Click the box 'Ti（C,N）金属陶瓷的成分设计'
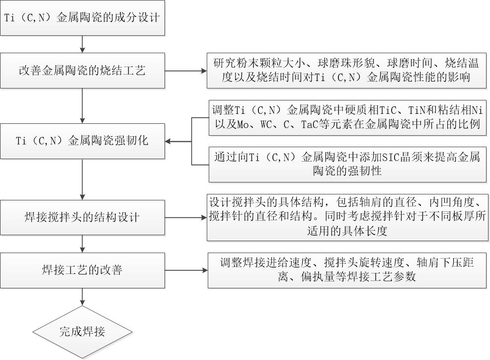point(82,18)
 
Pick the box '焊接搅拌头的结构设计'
point(82,217)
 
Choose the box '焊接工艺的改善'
point(82,270)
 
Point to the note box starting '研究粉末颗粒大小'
point(346,71)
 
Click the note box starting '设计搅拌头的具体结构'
point(346,217)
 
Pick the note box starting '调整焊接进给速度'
point(346,270)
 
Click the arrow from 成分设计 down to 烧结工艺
point(82,44)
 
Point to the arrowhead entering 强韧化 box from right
point(169,142)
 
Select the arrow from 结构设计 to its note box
point(185,217)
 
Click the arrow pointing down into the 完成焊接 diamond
point(82,297)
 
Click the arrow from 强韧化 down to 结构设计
point(82,179)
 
